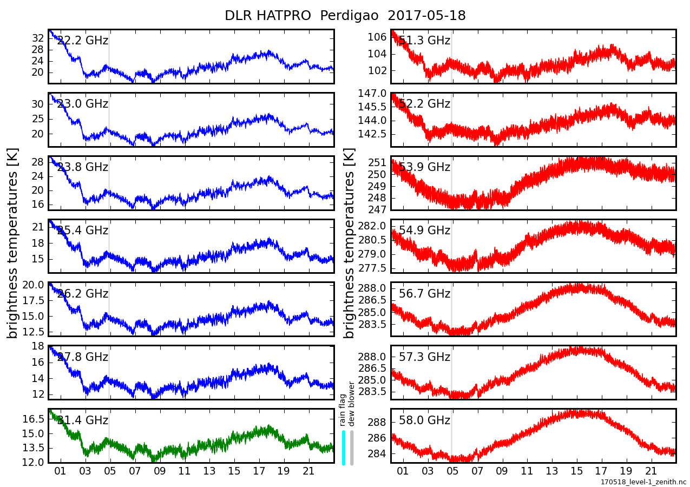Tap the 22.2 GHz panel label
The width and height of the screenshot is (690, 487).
[x=82, y=41]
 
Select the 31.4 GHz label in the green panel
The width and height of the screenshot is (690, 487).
[x=82, y=420]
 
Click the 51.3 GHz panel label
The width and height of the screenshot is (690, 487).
[x=424, y=41]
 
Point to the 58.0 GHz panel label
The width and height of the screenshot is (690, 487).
[x=424, y=420]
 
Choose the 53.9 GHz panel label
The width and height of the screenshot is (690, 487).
[x=424, y=167]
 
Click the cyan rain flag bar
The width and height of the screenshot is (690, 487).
[x=344, y=447]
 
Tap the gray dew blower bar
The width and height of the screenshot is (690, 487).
[x=352, y=447]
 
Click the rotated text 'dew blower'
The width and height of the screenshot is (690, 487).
[x=352, y=404]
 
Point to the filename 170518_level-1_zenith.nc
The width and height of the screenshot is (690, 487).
[x=643, y=482]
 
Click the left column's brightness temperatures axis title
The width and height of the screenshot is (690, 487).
[x=13, y=243]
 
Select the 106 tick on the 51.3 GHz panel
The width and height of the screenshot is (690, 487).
[x=377, y=37]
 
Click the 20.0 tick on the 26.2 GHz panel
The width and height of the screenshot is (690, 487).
[x=33, y=285]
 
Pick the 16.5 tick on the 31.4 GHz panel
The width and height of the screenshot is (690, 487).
[x=33, y=419]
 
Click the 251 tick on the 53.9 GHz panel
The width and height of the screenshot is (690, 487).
[x=377, y=163]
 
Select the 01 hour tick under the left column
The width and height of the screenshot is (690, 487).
[x=61, y=471]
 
